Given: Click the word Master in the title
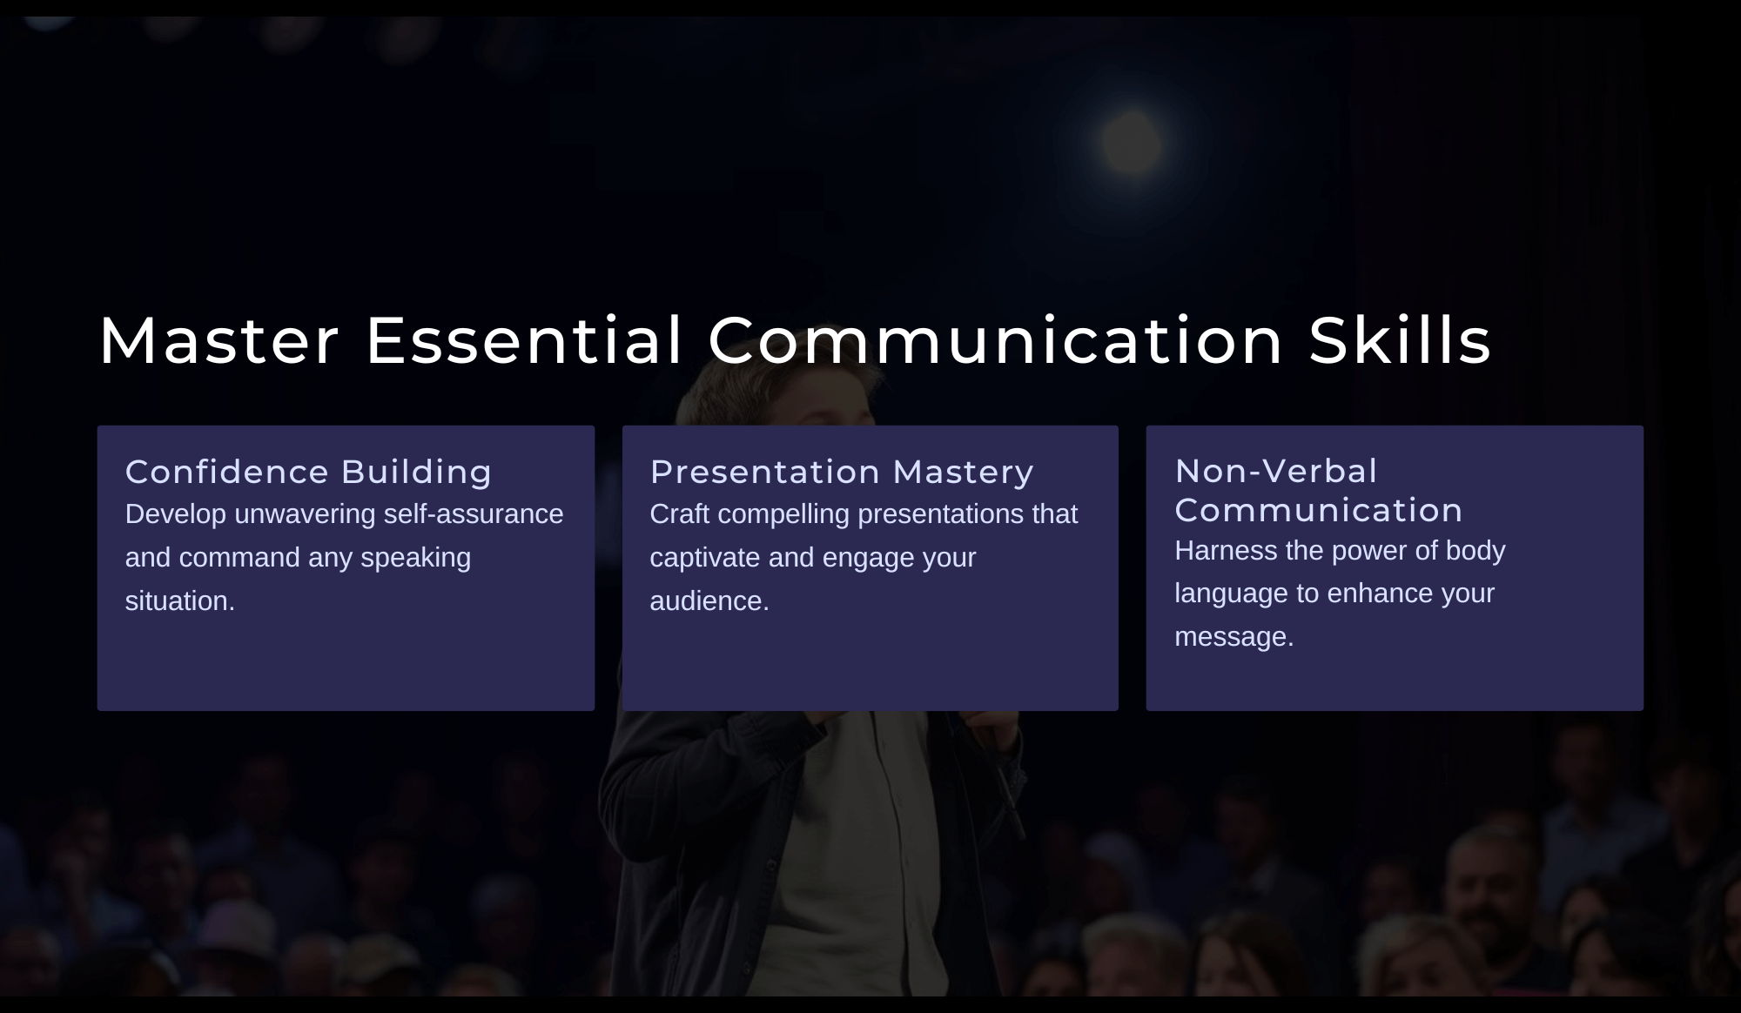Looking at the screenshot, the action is click(x=218, y=340).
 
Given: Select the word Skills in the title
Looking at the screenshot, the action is click(x=1400, y=339).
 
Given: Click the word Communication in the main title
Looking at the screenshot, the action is click(x=996, y=340).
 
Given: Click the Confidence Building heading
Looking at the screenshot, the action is click(x=308, y=472).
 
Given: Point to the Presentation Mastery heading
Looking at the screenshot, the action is click(x=842, y=472).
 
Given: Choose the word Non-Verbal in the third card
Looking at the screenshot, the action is click(x=1276, y=471).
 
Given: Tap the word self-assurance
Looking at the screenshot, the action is click(x=474, y=514).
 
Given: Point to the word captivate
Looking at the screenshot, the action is click(x=705, y=558).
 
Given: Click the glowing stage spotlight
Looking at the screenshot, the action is click(x=1132, y=143).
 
